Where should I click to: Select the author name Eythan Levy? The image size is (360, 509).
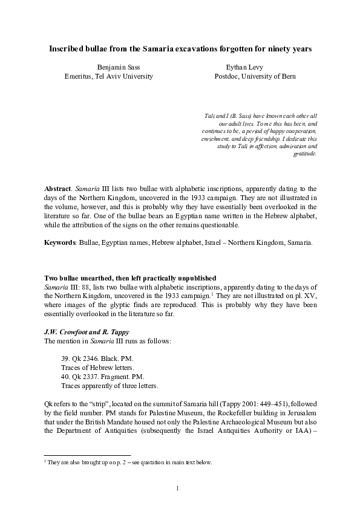tap(246, 66)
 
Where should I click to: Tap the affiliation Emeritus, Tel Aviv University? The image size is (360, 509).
tap(109, 77)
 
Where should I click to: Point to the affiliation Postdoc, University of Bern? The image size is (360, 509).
tap(246, 77)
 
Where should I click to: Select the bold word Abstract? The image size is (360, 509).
tap(58, 189)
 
